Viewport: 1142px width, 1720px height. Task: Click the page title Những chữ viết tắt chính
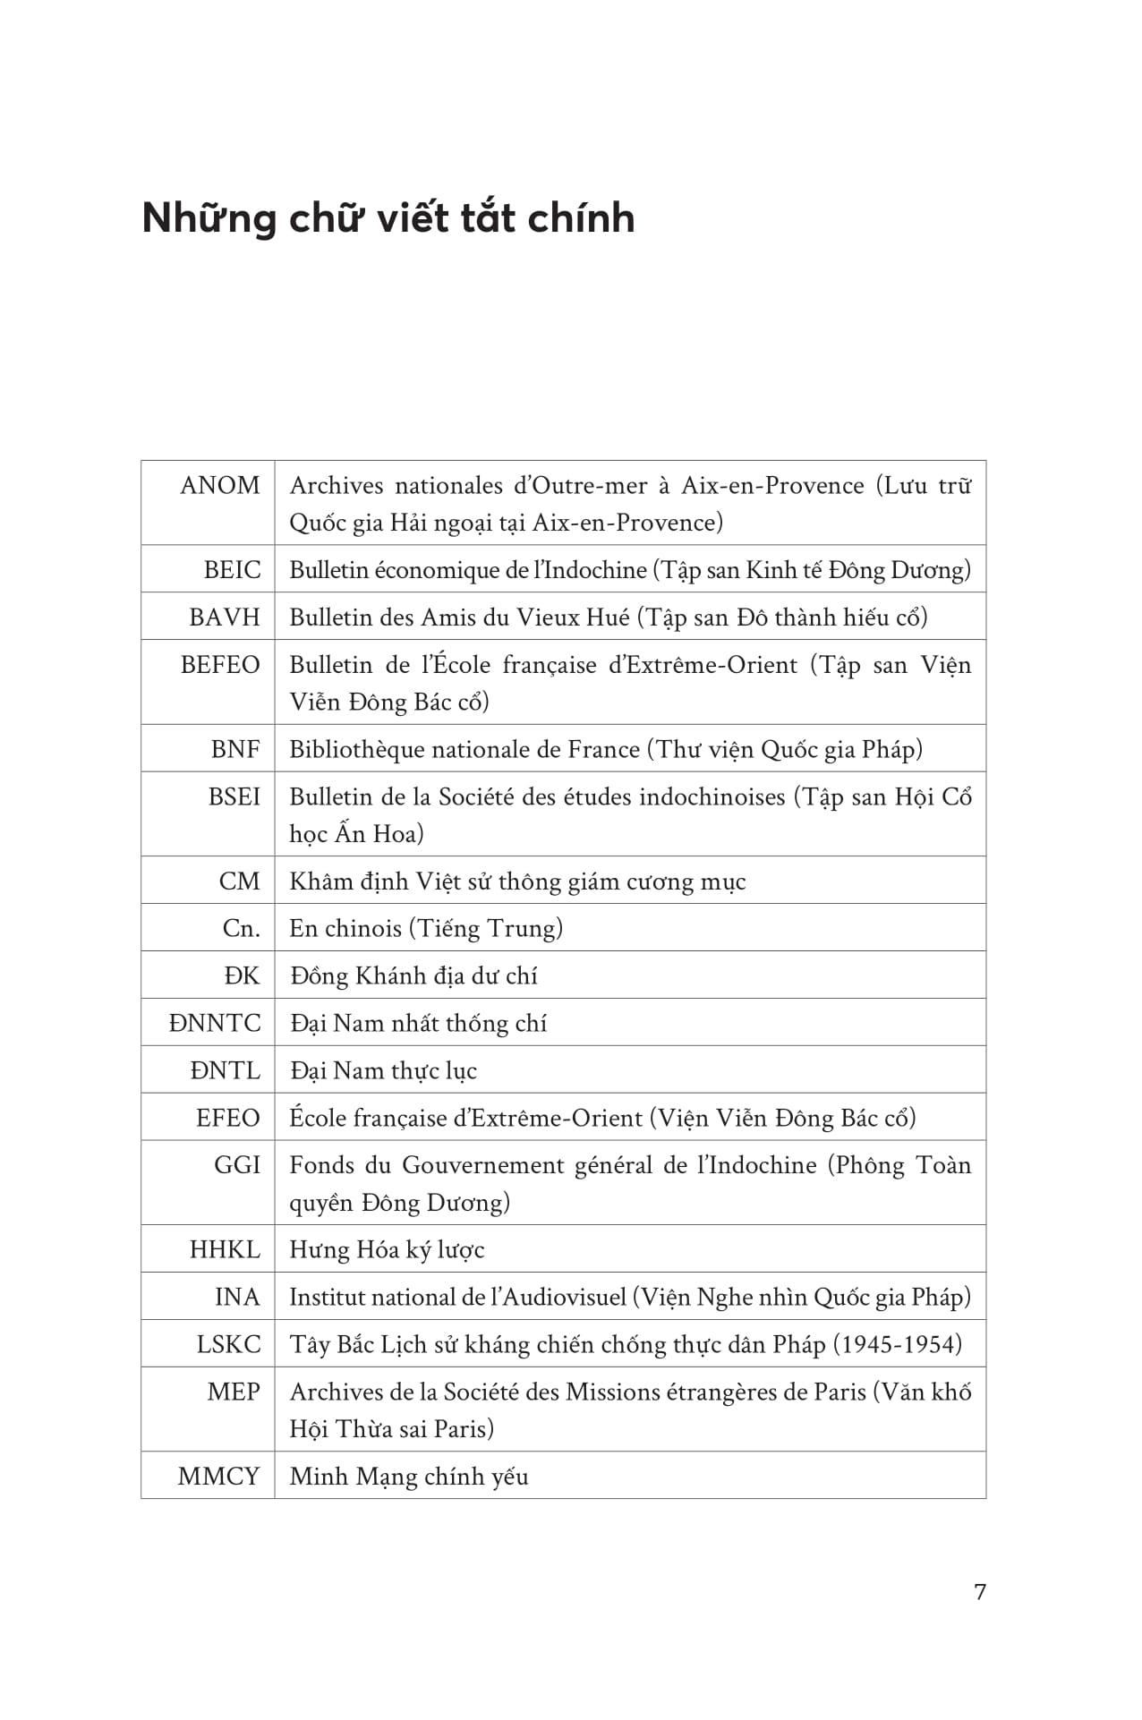pyautogui.click(x=388, y=218)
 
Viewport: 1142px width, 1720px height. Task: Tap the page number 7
pyautogui.click(x=979, y=1592)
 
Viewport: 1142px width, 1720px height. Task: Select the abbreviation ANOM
pyautogui.click(x=220, y=485)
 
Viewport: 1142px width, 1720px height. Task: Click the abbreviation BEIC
pyautogui.click(x=233, y=570)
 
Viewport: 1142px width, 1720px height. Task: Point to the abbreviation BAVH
pyautogui.click(x=225, y=617)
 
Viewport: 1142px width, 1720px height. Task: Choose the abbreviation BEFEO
pyautogui.click(x=220, y=665)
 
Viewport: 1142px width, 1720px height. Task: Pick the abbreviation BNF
pyautogui.click(x=235, y=749)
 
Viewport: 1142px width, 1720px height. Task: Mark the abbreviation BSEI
pyautogui.click(x=234, y=796)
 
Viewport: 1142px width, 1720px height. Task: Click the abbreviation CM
pyautogui.click(x=239, y=881)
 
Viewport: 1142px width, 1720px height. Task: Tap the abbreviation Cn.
pyautogui.click(x=241, y=929)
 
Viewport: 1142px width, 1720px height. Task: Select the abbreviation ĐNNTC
pyautogui.click(x=215, y=1024)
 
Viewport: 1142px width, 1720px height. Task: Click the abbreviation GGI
pyautogui.click(x=237, y=1165)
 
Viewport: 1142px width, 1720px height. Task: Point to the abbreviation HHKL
pyautogui.click(x=225, y=1250)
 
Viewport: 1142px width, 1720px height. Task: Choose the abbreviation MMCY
pyautogui.click(x=219, y=1477)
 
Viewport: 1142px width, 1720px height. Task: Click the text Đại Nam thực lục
pyautogui.click(x=383, y=1071)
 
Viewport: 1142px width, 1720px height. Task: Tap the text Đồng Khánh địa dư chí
pyautogui.click(x=413, y=976)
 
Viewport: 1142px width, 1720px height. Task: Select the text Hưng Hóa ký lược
pyautogui.click(x=387, y=1250)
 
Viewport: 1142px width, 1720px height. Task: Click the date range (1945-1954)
pyautogui.click(x=898, y=1345)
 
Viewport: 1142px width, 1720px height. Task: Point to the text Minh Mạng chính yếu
pyautogui.click(x=409, y=1477)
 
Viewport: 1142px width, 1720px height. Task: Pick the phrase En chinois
pyautogui.click(x=345, y=929)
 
